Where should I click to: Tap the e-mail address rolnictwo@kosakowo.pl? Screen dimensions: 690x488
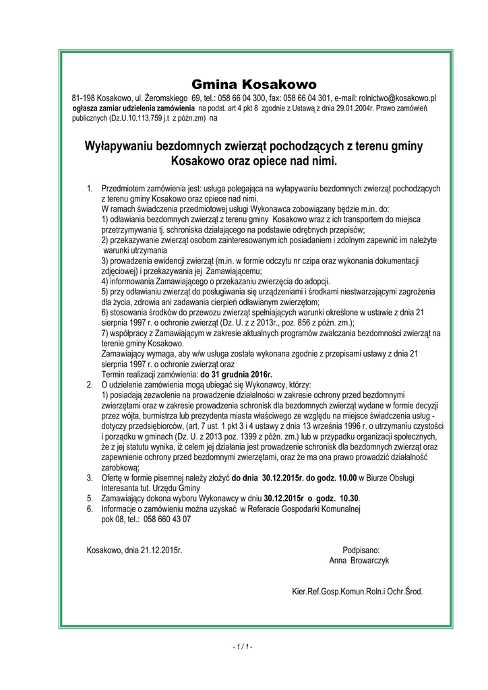pos(397,98)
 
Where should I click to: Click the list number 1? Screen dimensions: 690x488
pos(90,188)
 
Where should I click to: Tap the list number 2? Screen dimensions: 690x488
pos(90,385)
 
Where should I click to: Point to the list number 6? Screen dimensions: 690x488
pos(90,509)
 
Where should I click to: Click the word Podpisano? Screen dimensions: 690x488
pos(361,551)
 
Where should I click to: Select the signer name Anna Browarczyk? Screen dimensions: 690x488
pos(359,561)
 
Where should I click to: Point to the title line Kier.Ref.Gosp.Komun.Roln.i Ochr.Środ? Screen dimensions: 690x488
pos(357,592)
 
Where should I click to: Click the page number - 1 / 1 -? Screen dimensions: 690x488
pos(243,648)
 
